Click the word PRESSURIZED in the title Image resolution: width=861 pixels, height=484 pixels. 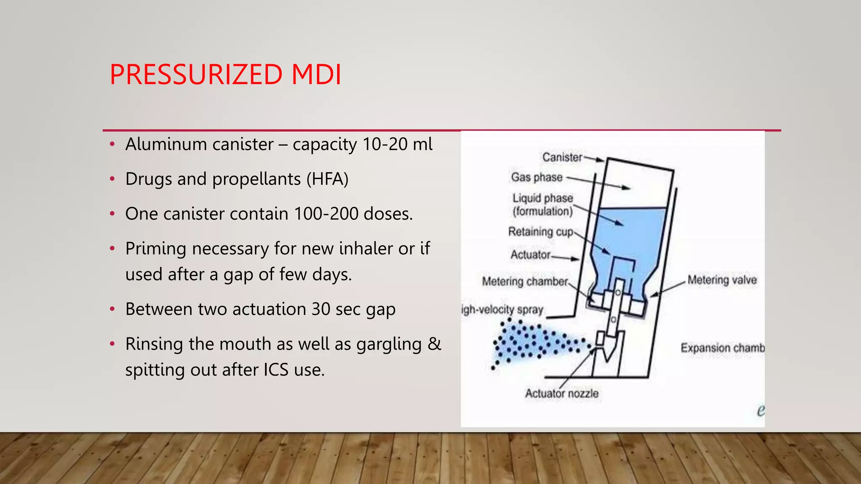tap(196, 75)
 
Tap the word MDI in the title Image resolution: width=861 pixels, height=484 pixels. tap(316, 75)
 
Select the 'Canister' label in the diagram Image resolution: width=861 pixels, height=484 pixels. tap(562, 157)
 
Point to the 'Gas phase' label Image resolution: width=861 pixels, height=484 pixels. tap(536, 177)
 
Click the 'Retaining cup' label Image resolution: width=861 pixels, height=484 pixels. tap(541, 231)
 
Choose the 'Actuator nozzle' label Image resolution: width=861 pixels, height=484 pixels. tap(562, 394)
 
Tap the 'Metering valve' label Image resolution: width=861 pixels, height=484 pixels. tap(722, 280)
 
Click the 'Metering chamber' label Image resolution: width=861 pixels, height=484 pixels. tap(525, 281)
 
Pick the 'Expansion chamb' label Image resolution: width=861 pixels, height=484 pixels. tap(722, 348)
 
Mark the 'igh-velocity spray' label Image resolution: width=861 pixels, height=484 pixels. tap(502, 310)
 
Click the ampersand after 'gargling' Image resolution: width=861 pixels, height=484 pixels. tap(434, 344)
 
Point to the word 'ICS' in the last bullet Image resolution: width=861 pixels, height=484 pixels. tap(276, 370)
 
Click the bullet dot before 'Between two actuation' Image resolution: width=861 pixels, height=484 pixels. tap(112, 310)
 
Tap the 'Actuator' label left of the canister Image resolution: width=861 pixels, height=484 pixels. tap(530, 255)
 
